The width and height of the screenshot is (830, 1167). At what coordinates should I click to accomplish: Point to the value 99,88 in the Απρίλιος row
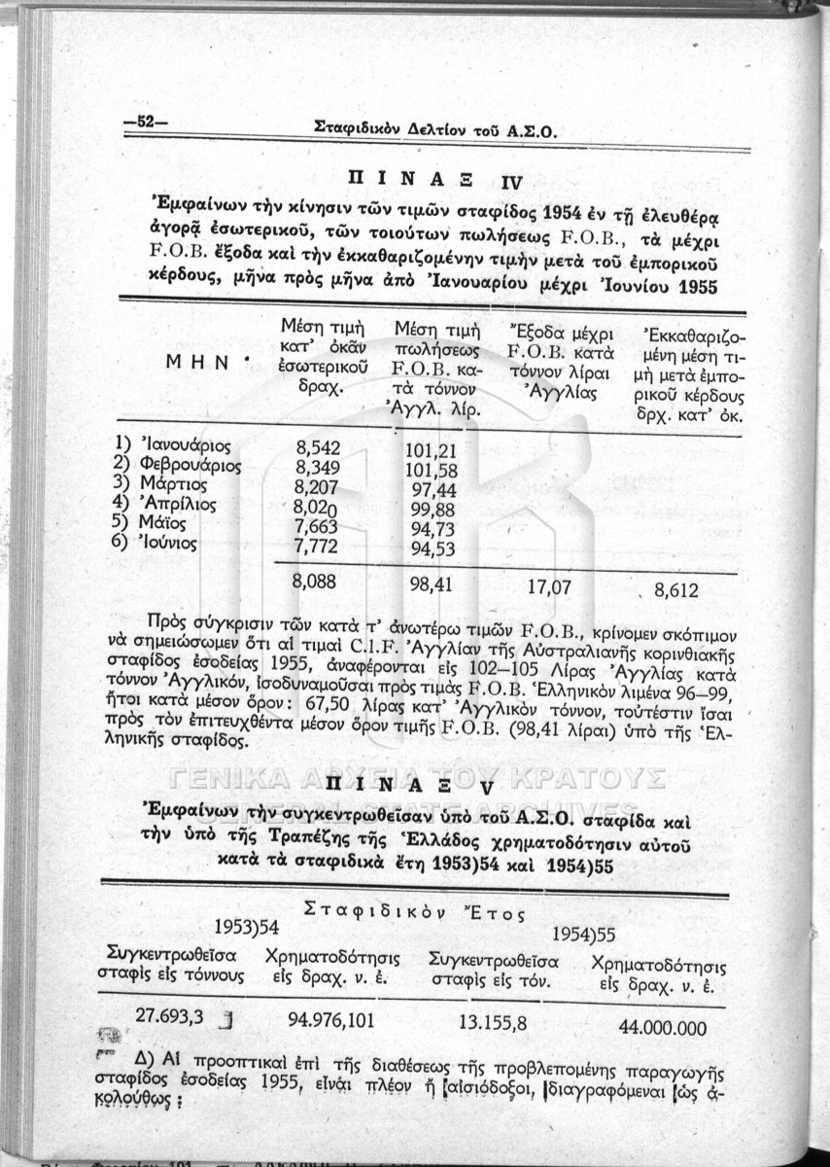tap(434, 507)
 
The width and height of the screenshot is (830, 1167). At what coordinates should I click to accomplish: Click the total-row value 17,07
tap(549, 587)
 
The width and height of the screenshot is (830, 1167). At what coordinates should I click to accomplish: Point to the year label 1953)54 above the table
tap(247, 924)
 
